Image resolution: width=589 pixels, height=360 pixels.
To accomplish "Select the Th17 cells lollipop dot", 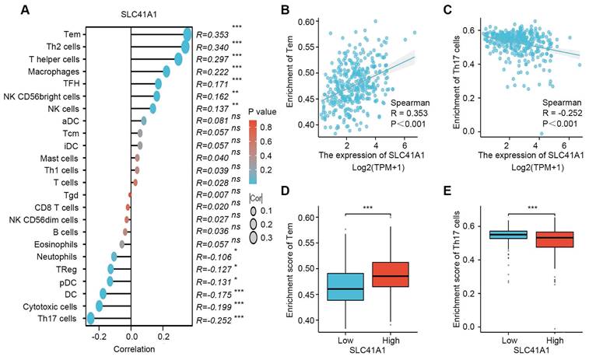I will pyautogui.click(x=91, y=317).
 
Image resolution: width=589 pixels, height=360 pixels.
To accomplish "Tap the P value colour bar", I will pyautogui.click(x=253, y=152).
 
